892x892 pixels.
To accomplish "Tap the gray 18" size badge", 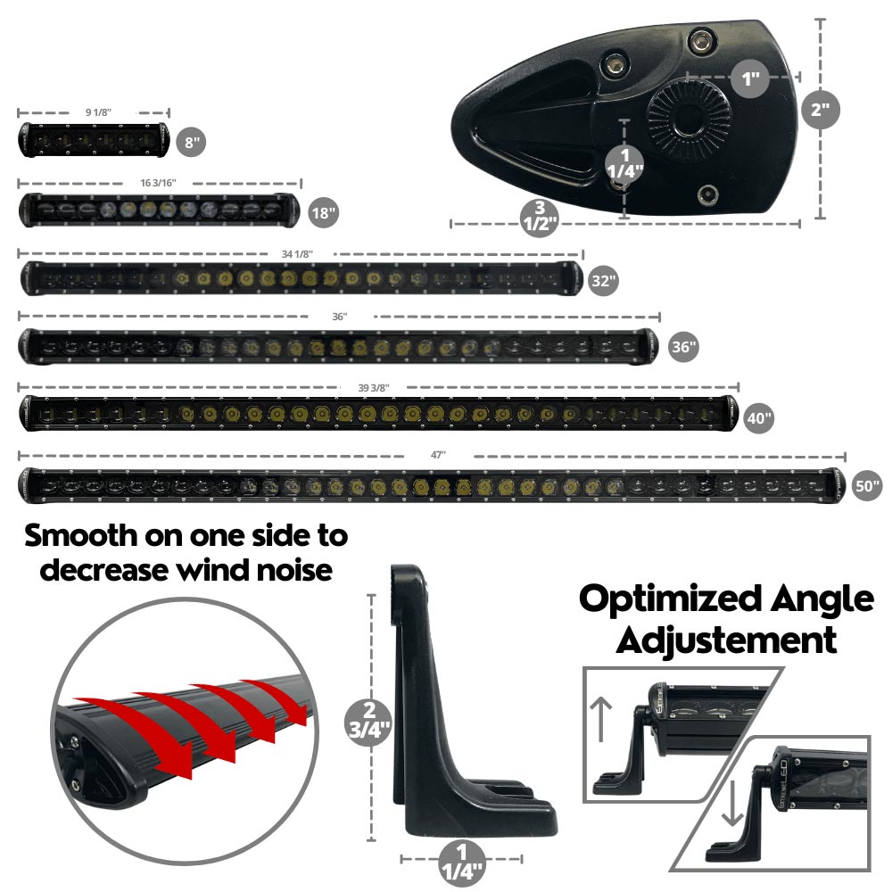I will coord(323,213).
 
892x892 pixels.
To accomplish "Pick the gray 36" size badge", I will coord(683,348).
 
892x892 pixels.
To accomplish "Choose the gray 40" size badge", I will coord(759,417).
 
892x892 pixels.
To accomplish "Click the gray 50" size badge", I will coord(866,485).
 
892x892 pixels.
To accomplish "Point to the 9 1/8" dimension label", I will coord(98,112).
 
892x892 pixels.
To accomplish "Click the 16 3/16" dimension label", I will coord(158,182).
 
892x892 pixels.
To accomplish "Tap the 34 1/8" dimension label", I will coord(297,254).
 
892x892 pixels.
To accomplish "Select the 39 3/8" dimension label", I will coord(374,387).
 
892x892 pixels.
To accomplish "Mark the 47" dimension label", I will coord(437,455).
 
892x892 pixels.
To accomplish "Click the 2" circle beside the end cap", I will coord(821,111).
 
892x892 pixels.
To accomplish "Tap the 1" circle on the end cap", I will coord(749,78).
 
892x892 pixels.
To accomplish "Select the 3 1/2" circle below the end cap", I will coord(541,217).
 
